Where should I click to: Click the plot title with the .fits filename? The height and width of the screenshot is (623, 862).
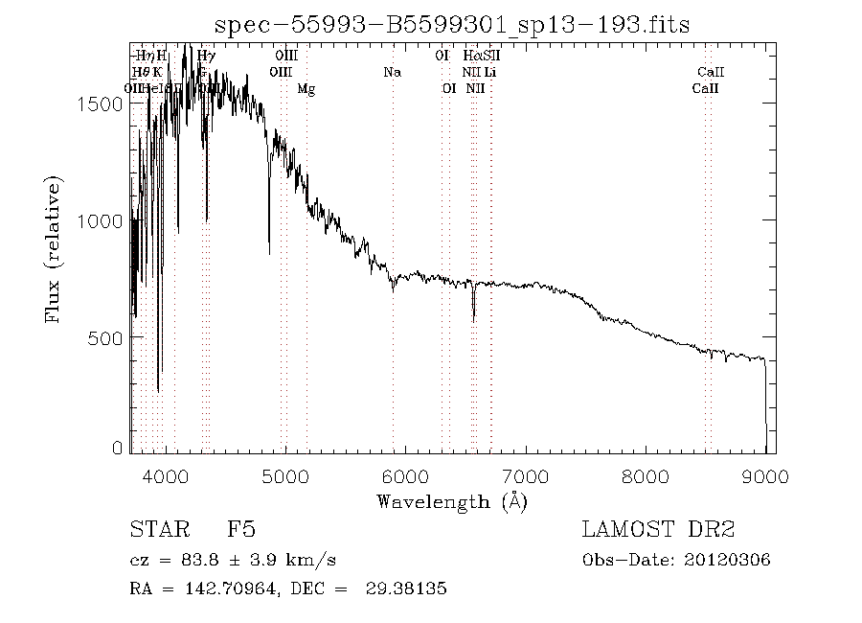pyautogui.click(x=452, y=24)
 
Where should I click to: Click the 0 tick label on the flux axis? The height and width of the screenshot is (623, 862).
pyautogui.click(x=118, y=448)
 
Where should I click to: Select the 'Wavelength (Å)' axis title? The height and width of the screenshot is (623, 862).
pyautogui.click(x=452, y=501)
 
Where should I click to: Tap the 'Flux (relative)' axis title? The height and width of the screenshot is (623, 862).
pyautogui.click(x=56, y=248)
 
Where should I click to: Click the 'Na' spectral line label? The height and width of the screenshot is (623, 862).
pyautogui.click(x=392, y=72)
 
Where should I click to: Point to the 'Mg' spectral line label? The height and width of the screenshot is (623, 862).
pyautogui.click(x=306, y=88)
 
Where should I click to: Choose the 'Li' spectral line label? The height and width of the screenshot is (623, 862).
pyautogui.click(x=489, y=72)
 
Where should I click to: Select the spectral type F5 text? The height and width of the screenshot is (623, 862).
pyautogui.click(x=240, y=530)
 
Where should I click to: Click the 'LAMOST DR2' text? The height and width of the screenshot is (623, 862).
pyautogui.click(x=657, y=530)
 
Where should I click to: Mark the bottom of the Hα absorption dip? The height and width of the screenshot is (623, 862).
pyautogui.click(x=473, y=320)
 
